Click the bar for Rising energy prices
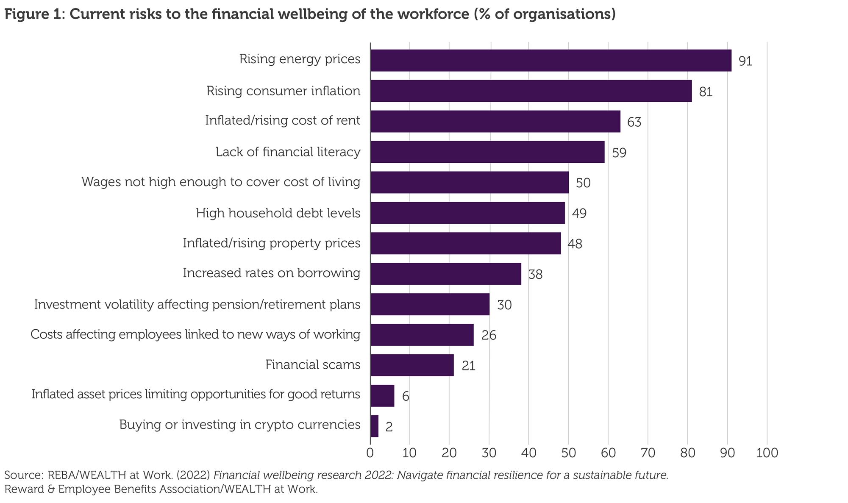pyautogui.click(x=551, y=60)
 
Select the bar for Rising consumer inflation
pyautogui.click(x=531, y=91)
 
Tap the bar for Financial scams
pyautogui.click(x=412, y=365)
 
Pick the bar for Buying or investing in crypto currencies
pyautogui.click(x=374, y=426)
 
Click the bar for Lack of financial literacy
pyautogui.click(x=487, y=152)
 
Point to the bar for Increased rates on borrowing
pyautogui.click(x=445, y=273)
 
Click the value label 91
pyautogui.click(x=745, y=61)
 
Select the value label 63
pyautogui.click(x=634, y=122)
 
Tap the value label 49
pyautogui.click(x=579, y=213)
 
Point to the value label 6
pyautogui.click(x=406, y=397)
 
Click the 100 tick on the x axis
pyautogui.click(x=767, y=453)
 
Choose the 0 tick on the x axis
pyautogui.click(x=370, y=453)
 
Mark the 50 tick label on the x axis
pyautogui.click(x=568, y=453)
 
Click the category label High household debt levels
pyautogui.click(x=278, y=213)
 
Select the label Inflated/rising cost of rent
pyautogui.click(x=282, y=121)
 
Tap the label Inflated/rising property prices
pyautogui.click(x=272, y=243)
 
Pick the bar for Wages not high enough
pyautogui.click(x=469, y=182)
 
